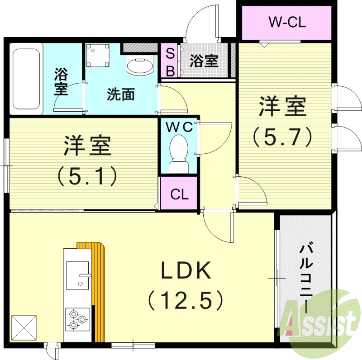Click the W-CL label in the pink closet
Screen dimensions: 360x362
point(287,22)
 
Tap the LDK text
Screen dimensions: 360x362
point(186,271)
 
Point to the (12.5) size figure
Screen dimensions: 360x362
point(186,299)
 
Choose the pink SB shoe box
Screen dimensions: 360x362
point(170,61)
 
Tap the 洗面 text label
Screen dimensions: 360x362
point(120,95)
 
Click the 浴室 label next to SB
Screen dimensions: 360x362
point(204,61)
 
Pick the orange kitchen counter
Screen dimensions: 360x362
point(97,289)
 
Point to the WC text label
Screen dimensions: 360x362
point(179,127)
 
